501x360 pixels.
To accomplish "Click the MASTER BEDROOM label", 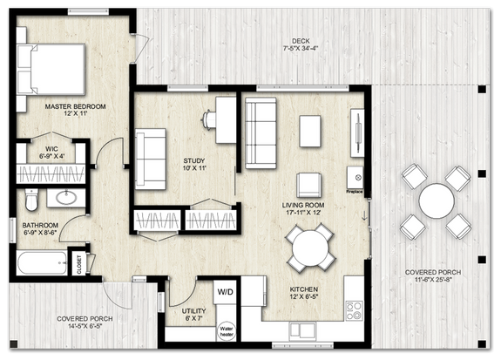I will point(76,106).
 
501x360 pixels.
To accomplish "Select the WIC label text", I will point(52,150).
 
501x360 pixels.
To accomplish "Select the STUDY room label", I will point(193,161).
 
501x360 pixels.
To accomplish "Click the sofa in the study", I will point(152,158).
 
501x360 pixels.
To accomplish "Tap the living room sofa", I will point(260,132).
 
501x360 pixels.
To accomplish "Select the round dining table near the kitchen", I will point(309,247).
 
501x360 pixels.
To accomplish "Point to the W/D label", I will point(224,291).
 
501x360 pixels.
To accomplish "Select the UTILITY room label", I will point(193,310).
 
